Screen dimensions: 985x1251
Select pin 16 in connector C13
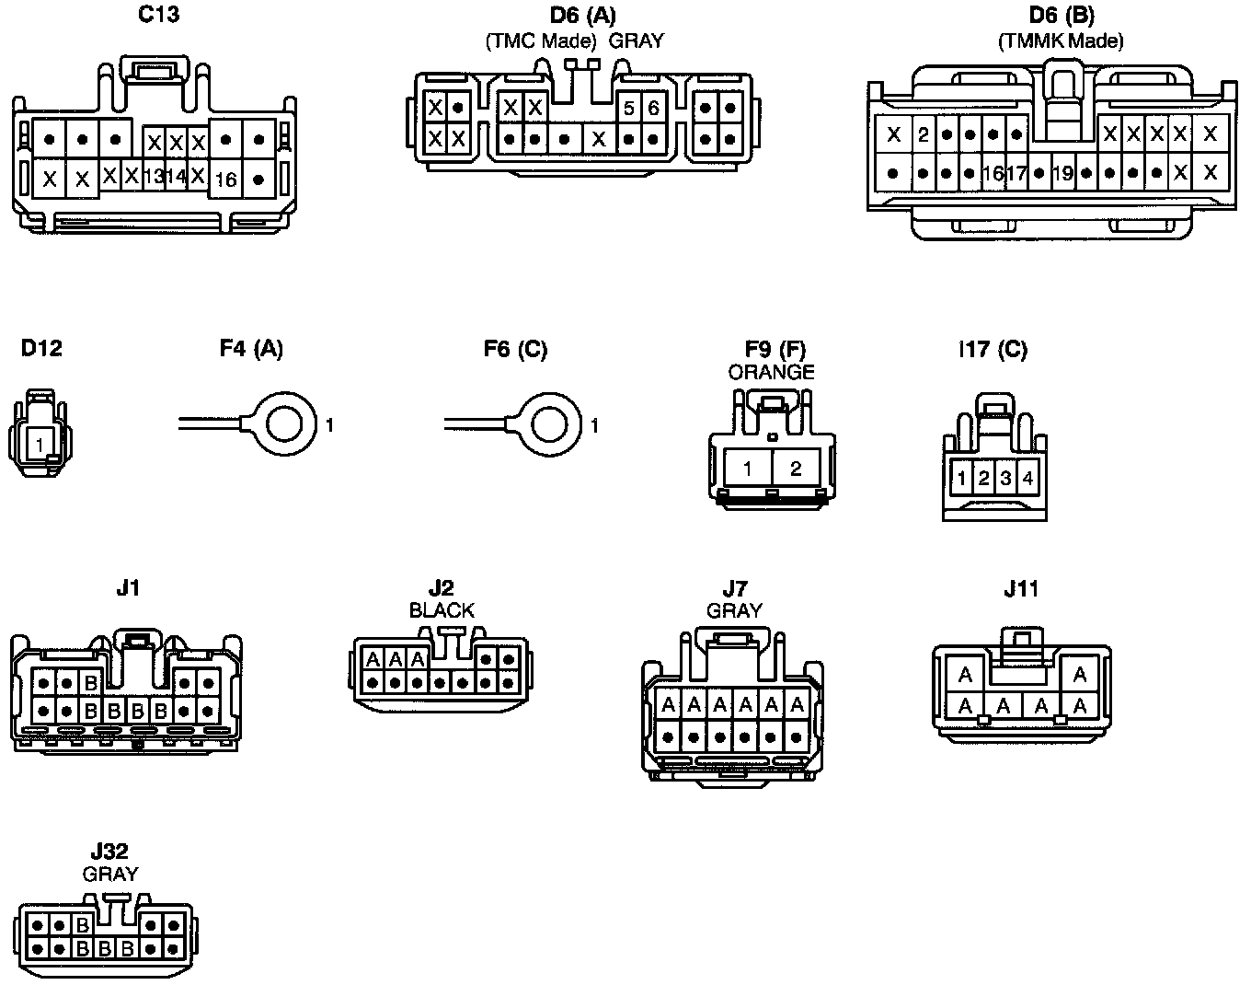coord(225,180)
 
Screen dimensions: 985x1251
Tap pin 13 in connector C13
coord(155,176)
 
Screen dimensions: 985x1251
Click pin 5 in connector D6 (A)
coord(629,109)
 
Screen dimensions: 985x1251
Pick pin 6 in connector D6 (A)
coord(653,109)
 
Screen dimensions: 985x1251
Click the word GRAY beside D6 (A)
coord(636,41)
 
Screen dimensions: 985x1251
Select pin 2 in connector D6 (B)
coord(924,135)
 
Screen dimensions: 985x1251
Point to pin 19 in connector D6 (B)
coord(1062,172)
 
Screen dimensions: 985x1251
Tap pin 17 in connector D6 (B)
coord(1016,172)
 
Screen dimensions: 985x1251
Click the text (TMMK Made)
coord(1061,41)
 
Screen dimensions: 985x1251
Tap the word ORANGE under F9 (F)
coord(771,372)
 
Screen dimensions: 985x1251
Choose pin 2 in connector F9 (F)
coord(796,469)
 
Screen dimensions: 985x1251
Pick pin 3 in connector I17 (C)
coord(1005,479)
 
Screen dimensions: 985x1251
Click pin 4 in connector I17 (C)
coord(1027,479)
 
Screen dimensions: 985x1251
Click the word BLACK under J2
coord(442,610)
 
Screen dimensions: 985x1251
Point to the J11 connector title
coord(1021,588)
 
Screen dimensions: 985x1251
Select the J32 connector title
coord(109,852)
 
